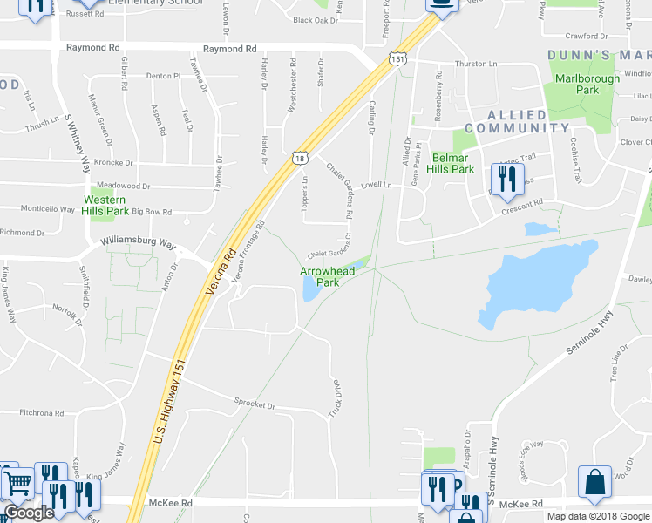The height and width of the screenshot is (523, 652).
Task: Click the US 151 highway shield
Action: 397,58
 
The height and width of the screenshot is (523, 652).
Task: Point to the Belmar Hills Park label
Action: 451,163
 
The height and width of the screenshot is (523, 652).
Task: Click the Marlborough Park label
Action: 587,84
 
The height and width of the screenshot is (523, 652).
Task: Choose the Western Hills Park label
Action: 105,205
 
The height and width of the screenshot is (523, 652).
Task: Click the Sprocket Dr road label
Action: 254,406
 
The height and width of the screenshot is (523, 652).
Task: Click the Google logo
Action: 29,513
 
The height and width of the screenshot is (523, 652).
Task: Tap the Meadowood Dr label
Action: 123,186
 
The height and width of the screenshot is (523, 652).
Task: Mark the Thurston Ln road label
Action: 474,65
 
